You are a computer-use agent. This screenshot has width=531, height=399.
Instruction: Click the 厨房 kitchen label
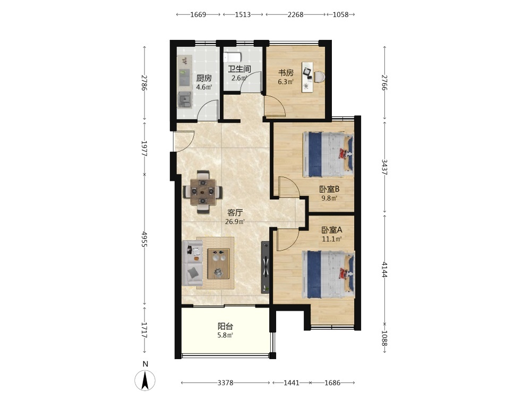(x=204, y=78)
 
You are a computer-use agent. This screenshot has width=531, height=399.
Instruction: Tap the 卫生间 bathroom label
(x=239, y=69)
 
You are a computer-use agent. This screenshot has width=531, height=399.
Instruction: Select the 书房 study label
(x=286, y=72)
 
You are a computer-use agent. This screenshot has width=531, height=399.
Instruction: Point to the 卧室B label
(x=329, y=189)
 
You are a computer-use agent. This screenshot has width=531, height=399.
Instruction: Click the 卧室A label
(x=331, y=230)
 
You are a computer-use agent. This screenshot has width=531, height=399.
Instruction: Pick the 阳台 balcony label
(x=225, y=327)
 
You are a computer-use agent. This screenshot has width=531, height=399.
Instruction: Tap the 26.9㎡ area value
(x=235, y=222)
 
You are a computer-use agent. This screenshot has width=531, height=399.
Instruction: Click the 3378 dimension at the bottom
(x=225, y=383)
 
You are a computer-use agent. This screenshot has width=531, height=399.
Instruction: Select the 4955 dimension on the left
(x=144, y=239)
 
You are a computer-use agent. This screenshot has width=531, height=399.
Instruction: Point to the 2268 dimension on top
(x=295, y=14)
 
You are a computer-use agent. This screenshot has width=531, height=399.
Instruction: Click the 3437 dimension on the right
(x=384, y=167)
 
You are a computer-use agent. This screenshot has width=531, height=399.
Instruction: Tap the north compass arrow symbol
(x=145, y=380)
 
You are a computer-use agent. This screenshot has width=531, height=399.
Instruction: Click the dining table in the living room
(x=202, y=192)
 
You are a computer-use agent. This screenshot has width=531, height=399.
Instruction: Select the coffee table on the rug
(x=218, y=264)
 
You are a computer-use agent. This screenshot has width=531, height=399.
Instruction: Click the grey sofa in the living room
(x=192, y=263)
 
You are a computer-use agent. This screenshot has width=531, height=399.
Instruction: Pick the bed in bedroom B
(x=328, y=154)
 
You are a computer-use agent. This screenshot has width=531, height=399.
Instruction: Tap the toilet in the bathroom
(x=232, y=57)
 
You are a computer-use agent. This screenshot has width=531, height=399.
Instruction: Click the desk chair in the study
(x=319, y=77)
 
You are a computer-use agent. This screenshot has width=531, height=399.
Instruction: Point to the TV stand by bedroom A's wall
(x=265, y=267)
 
